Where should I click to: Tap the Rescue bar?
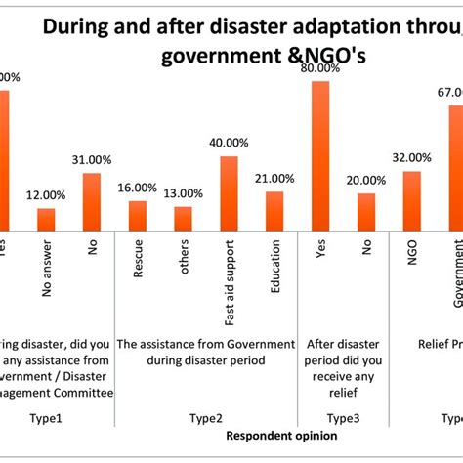pyautogui.click(x=138, y=215)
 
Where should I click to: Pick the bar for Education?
pyautogui.click(x=274, y=209)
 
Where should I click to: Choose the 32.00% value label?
pyautogui.click(x=411, y=157)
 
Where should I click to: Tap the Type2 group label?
pyautogui.click(x=206, y=417)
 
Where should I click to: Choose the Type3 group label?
pyautogui.click(x=343, y=417)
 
